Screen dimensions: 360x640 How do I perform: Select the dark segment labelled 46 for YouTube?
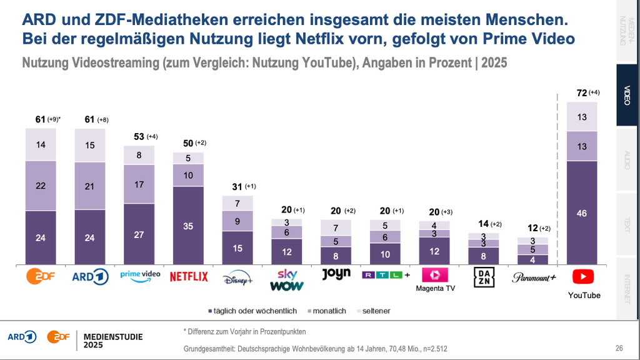point(582,213)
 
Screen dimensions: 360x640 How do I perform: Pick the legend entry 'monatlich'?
point(328,311)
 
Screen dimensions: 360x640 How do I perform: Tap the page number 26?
point(619,348)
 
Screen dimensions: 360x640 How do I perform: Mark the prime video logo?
point(140,275)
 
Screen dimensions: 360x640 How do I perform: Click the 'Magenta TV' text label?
point(434,289)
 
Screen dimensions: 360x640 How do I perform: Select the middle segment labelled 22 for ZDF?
point(41,186)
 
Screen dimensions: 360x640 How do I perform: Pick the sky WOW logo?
point(287,280)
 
